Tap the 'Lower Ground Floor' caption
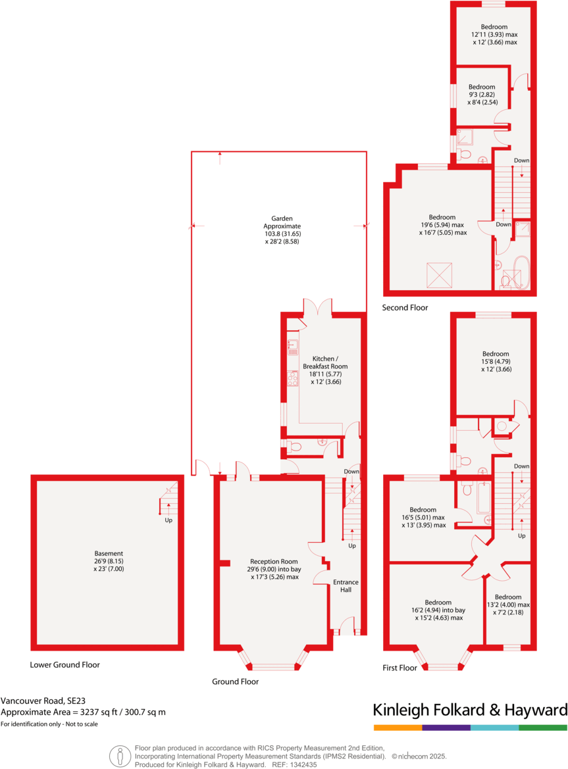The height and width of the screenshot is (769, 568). coord(65,664)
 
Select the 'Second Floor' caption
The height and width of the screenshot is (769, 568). coord(405,307)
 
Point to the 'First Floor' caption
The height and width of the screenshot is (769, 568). coord(400,668)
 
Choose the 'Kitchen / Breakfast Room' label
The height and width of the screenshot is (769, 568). coord(325,362)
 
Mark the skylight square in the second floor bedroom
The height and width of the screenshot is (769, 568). coord(436,273)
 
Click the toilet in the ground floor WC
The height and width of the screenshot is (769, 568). coord(294,447)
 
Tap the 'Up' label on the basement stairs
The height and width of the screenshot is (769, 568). coord(168,520)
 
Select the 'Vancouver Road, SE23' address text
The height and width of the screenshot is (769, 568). coord(39,701)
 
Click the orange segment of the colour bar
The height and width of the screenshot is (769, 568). coord(398,728)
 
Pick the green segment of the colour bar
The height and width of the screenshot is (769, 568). coord(543,728)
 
